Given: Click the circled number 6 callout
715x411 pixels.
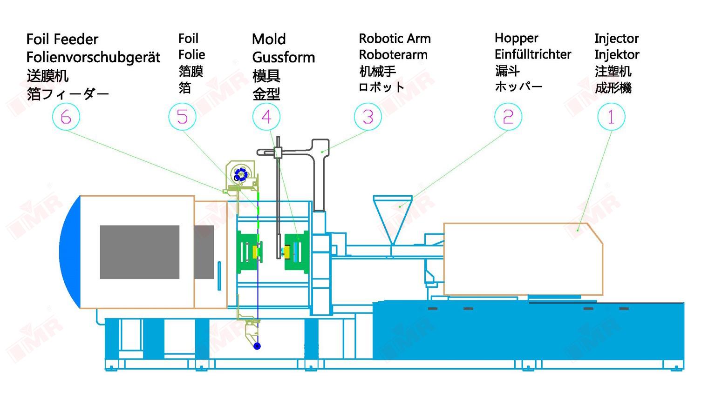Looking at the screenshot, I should point(66,117).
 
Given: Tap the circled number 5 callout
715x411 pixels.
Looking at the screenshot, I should point(182,116).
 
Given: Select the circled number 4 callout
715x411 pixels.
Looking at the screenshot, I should point(266,116).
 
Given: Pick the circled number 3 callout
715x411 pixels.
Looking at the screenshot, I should point(368,116).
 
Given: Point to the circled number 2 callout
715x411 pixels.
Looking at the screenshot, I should point(508,116).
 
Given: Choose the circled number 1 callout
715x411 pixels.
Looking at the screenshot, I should point(611,116).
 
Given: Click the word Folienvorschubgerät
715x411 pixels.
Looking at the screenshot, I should point(93,57).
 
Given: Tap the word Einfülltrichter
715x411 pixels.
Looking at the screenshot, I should point(533,54).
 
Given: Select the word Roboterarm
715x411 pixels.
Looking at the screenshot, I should point(393,55).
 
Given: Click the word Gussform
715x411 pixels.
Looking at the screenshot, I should point(283,58).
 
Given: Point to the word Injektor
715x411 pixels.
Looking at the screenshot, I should point(617,55).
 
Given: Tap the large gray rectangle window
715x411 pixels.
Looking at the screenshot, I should point(140,252).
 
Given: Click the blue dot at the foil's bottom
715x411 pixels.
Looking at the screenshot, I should point(257,346).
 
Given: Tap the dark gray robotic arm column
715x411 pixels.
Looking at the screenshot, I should point(319,181).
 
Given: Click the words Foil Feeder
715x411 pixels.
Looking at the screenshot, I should point(62,39).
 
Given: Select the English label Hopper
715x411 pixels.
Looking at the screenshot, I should point(516,38).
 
